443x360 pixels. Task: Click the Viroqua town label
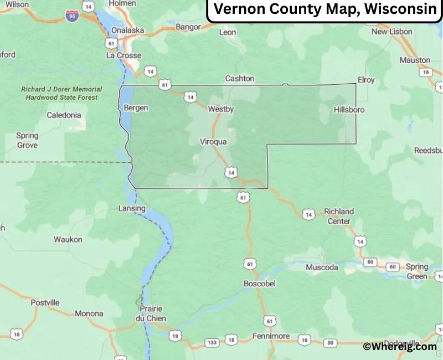213,142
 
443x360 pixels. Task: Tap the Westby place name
221,109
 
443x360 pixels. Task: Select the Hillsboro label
349,110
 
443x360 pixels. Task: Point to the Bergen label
136,107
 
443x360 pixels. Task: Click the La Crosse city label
124,55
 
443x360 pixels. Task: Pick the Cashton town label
240,79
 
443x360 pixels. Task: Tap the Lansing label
132,208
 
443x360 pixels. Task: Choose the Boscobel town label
259,283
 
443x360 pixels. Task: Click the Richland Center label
338,216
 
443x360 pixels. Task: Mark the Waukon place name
68,239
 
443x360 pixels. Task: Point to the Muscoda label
322,268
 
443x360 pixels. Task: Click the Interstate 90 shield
71,17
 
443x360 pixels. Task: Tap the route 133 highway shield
212,342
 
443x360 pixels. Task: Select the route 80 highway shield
330,342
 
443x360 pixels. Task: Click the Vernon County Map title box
324,10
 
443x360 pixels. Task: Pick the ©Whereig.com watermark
400,346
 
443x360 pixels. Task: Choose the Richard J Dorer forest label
61,93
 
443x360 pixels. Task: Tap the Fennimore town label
271,336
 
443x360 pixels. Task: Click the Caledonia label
64,115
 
